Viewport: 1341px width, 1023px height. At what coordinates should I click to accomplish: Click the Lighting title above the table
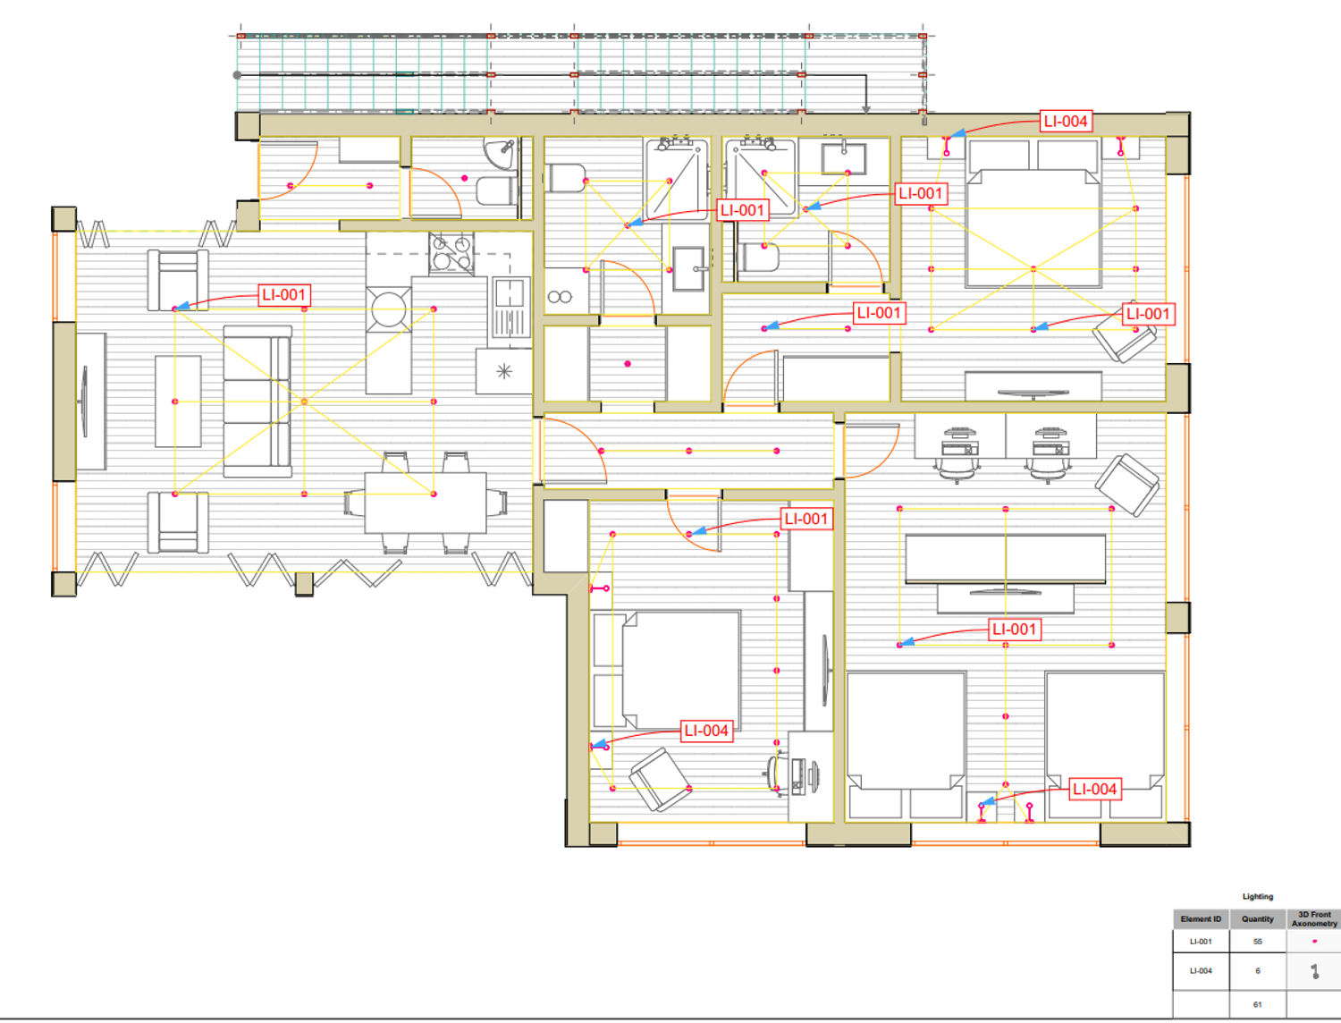(x=1257, y=897)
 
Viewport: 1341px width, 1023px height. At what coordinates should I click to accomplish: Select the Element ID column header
(x=1201, y=919)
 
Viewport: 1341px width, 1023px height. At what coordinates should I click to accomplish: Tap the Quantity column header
(x=1257, y=919)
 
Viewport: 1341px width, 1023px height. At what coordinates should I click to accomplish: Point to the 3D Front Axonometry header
(x=1314, y=919)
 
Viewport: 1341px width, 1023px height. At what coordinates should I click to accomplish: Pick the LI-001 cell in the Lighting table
(x=1201, y=942)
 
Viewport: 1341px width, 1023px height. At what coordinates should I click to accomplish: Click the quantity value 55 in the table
(x=1257, y=942)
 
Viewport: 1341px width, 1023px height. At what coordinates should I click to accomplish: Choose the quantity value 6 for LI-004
(x=1257, y=970)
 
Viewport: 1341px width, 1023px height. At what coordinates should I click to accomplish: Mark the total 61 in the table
(x=1257, y=1004)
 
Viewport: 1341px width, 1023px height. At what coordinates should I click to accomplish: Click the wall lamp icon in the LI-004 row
(x=1315, y=971)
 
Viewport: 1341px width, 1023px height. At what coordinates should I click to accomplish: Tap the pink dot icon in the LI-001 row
(x=1315, y=941)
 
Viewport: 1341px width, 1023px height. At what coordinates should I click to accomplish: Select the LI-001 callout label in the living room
(x=284, y=295)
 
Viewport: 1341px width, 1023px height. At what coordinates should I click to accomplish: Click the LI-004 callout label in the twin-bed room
(x=1095, y=790)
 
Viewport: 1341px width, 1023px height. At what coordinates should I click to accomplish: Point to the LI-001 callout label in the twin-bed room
(x=1014, y=630)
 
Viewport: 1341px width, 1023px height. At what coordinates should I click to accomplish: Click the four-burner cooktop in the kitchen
(x=451, y=254)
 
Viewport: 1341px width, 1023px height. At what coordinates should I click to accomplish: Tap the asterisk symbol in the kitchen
(x=504, y=371)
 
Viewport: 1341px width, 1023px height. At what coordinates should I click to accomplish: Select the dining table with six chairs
(x=426, y=503)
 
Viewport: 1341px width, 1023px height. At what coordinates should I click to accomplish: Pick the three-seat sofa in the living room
(x=257, y=402)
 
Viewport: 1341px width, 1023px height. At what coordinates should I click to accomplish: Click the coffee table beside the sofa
(x=178, y=402)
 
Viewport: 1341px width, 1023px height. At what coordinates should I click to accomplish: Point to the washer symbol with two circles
(x=560, y=297)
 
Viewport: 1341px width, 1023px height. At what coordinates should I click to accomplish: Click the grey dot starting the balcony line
(x=237, y=75)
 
